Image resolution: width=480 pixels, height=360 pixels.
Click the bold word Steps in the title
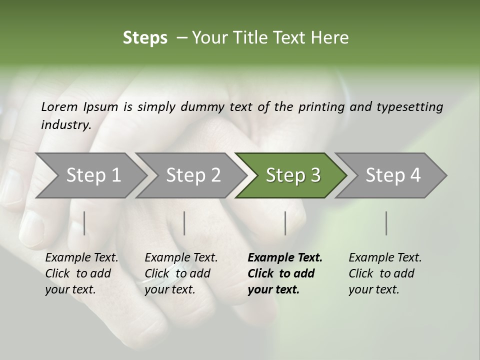click(145, 38)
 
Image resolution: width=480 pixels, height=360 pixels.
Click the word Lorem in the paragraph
click(59, 107)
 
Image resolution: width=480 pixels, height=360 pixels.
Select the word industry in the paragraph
click(65, 125)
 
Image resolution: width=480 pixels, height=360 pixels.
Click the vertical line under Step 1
click(84, 223)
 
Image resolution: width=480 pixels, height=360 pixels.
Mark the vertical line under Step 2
click(184, 223)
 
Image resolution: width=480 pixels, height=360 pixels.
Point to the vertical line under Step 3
click(285, 223)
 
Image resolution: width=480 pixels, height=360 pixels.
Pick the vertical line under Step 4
click(386, 223)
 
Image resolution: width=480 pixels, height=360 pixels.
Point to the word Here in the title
click(330, 38)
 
